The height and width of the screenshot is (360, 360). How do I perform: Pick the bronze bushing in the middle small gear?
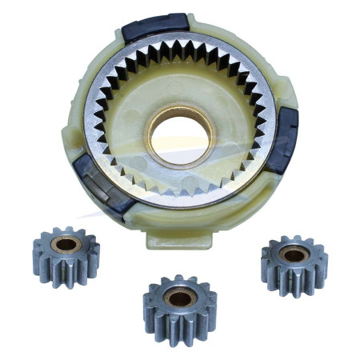(179, 297)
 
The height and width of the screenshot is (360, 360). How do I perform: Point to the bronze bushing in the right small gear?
(294, 253)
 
